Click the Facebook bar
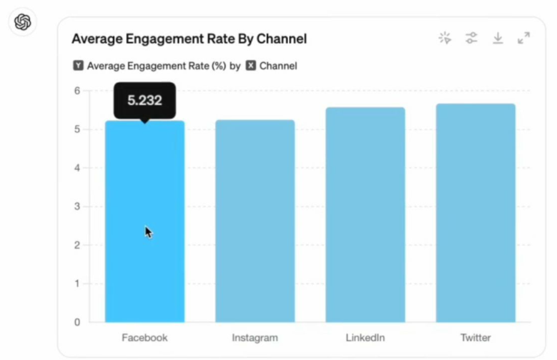144,221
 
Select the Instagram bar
255,221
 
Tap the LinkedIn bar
365,215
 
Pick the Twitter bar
476,213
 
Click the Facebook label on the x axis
144,338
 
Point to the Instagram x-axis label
255,338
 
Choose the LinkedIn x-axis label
365,338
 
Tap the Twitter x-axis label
476,338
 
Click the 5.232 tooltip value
145,100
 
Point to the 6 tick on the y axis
77,90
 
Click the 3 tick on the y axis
77,207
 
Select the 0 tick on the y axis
77,323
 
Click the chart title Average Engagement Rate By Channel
189,39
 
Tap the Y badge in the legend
78,66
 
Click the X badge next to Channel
251,66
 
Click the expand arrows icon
524,38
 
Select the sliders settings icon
471,38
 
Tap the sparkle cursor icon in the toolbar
445,38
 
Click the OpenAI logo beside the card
22,23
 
